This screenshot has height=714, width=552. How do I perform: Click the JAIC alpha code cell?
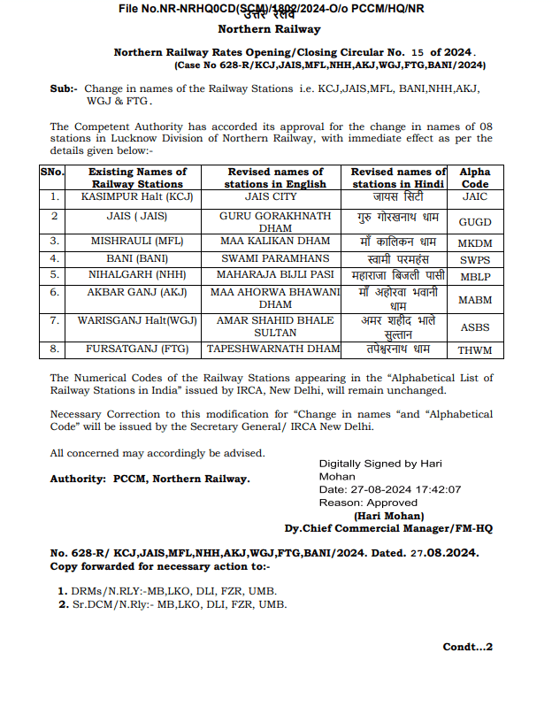[475, 196]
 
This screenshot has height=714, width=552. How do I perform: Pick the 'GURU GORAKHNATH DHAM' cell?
[275, 221]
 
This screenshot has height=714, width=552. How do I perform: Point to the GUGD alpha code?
[475, 222]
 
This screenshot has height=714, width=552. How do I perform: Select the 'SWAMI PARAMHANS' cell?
[275, 259]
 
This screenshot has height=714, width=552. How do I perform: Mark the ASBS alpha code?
[475, 326]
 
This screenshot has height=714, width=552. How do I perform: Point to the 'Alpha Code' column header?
[475, 178]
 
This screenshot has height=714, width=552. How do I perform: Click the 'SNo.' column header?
[52, 172]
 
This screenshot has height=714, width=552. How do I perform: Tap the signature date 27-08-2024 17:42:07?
[389, 489]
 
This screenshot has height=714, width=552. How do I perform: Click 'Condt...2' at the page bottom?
[467, 647]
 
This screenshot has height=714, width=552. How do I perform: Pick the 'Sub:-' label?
[64, 88]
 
